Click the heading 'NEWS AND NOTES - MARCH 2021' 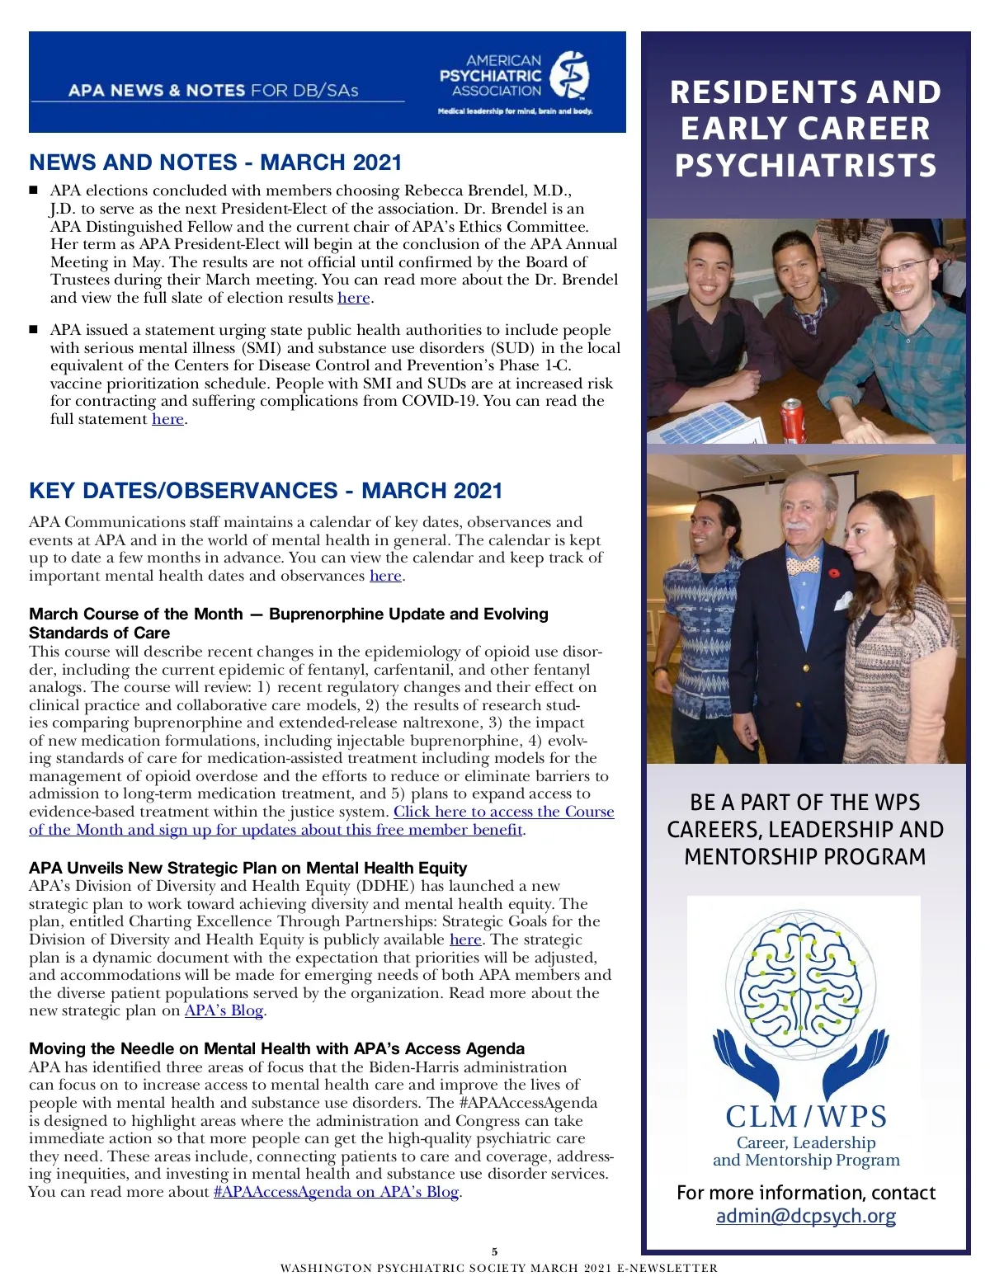click(x=215, y=162)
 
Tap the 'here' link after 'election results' click(x=353, y=298)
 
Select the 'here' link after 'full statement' click(x=167, y=419)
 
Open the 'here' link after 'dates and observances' click(x=385, y=576)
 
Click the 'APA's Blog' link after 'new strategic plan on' click(x=224, y=1010)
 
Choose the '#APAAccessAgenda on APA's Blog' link click(x=336, y=1192)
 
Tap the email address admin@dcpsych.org click(x=805, y=1216)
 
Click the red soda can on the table click(x=793, y=420)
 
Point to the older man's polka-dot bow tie click(x=802, y=566)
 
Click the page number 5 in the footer click(x=495, y=1251)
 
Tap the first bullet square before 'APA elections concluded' click(x=34, y=191)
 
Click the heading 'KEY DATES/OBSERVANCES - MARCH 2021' click(x=266, y=491)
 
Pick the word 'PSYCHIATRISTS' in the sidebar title click(x=805, y=166)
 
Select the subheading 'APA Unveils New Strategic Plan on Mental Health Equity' click(x=247, y=868)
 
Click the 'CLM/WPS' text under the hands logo click(x=805, y=1117)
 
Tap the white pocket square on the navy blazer click(x=841, y=600)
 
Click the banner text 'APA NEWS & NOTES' click(x=157, y=90)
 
